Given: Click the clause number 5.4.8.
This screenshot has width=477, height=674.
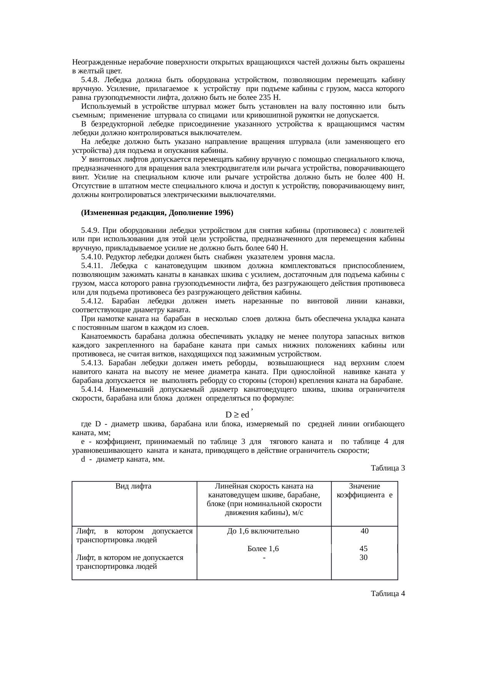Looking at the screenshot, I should click(90, 80).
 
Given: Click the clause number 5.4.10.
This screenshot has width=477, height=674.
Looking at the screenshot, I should click(93, 257).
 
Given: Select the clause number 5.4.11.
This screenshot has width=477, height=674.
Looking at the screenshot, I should click(93, 265).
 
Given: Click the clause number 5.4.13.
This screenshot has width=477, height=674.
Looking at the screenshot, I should click(93, 363).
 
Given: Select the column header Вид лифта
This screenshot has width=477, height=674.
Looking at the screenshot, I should click(133, 486).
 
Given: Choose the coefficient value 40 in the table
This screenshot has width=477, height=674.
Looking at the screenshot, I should click(365, 531).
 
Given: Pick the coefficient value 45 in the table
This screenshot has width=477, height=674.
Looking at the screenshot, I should click(363, 549).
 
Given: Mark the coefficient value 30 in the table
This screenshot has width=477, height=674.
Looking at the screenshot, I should click(363, 557).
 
